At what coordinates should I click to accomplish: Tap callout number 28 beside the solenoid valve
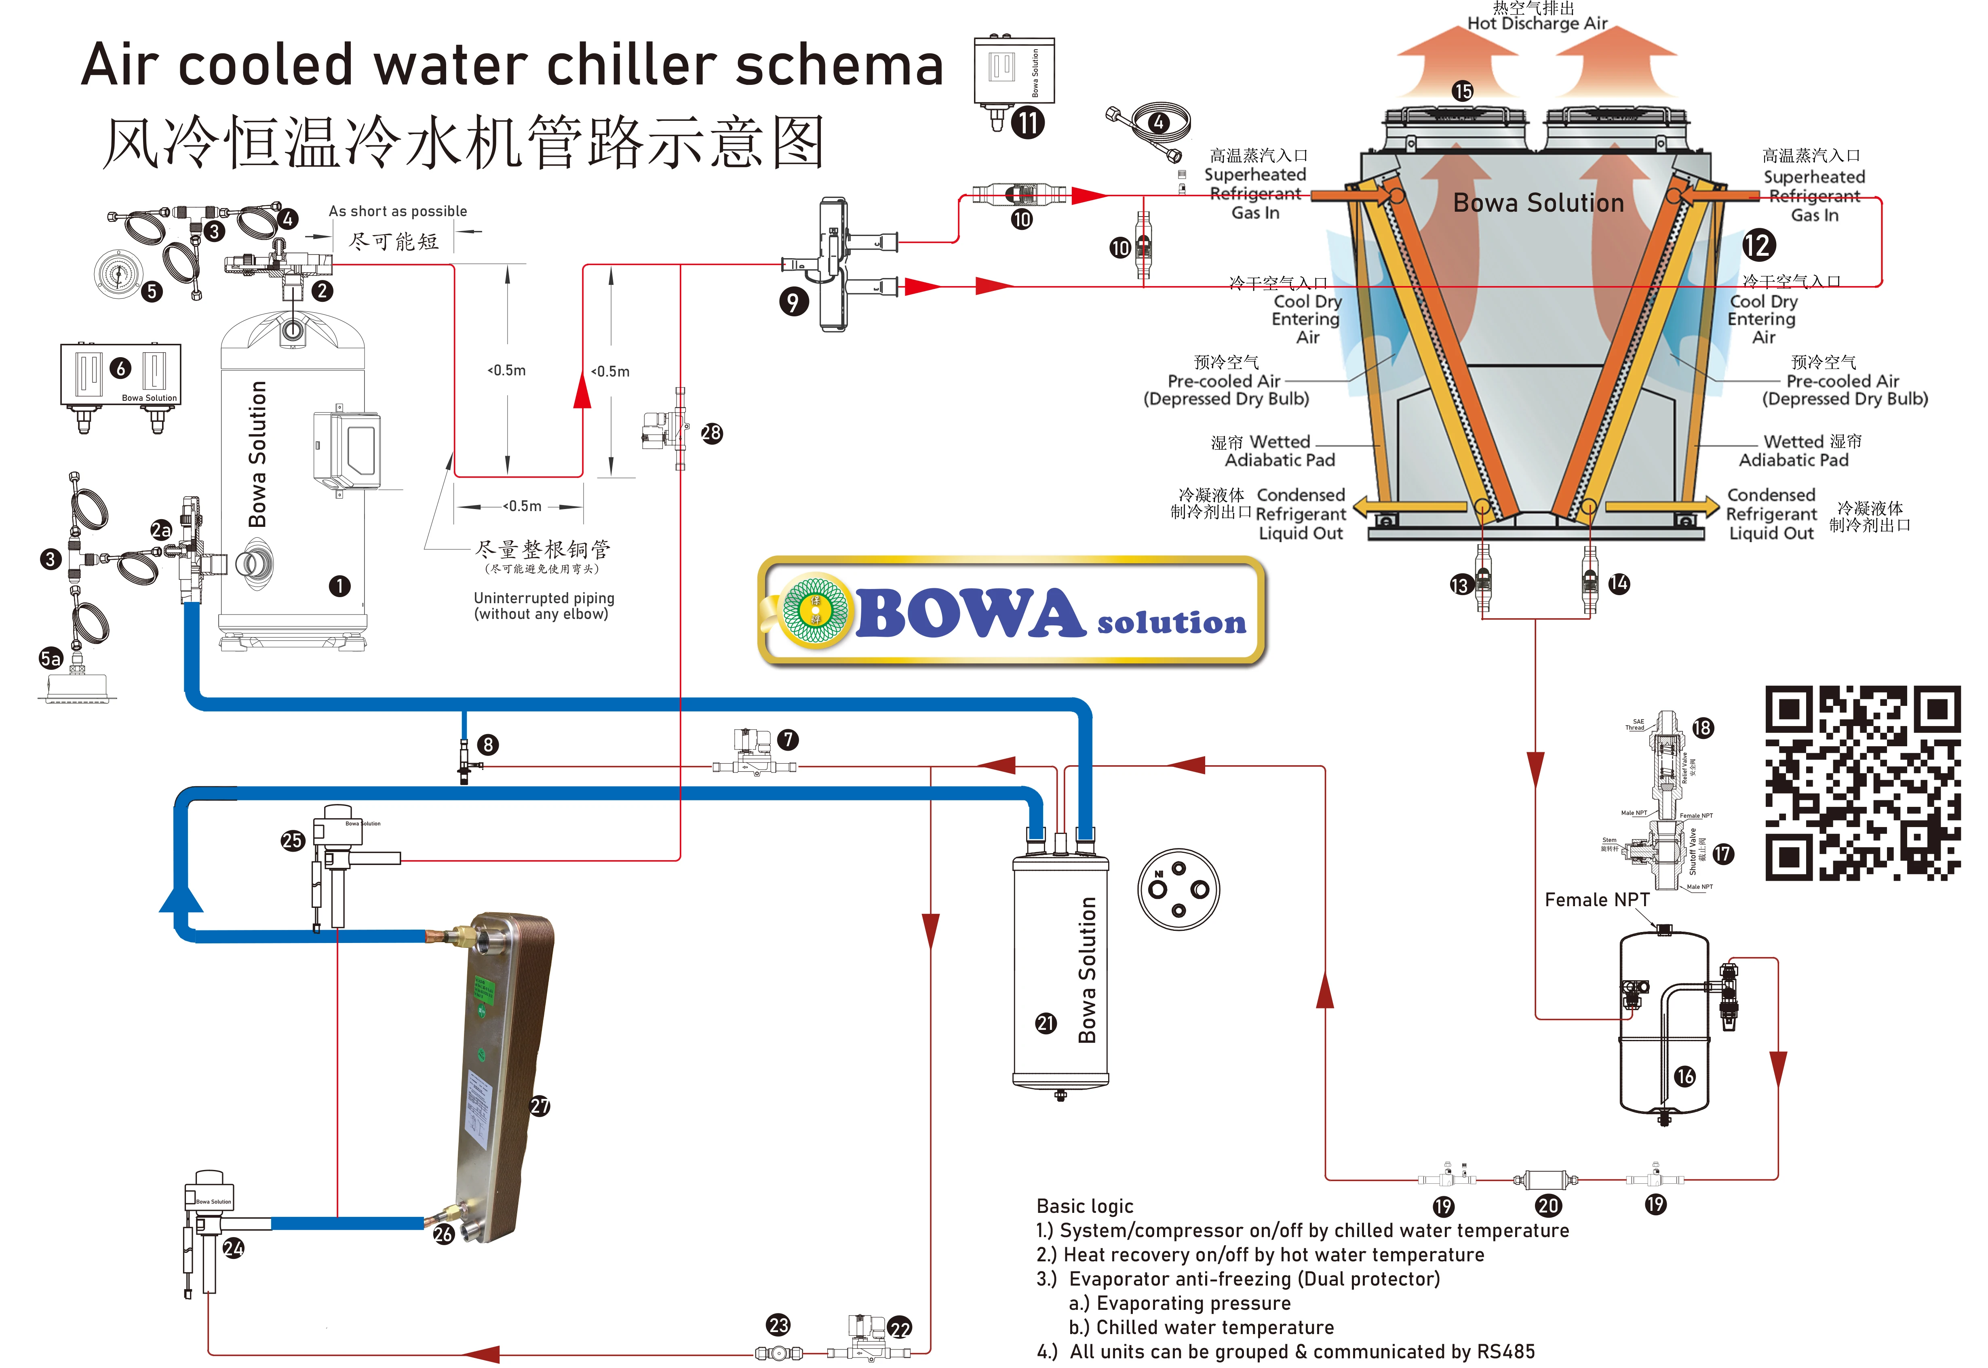[x=710, y=433]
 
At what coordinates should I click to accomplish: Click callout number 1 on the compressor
[x=339, y=586]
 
